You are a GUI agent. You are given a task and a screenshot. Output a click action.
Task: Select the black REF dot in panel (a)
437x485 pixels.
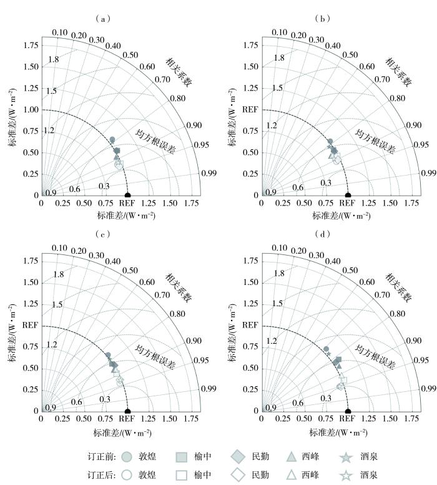click(128, 195)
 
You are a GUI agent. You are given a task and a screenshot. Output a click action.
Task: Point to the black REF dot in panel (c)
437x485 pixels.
click(128, 411)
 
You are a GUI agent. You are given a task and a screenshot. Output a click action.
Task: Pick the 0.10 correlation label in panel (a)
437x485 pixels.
click(59, 32)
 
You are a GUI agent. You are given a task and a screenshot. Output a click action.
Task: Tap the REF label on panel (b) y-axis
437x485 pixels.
click(250, 109)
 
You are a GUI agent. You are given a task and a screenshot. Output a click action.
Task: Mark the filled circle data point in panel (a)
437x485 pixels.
click(112, 139)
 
